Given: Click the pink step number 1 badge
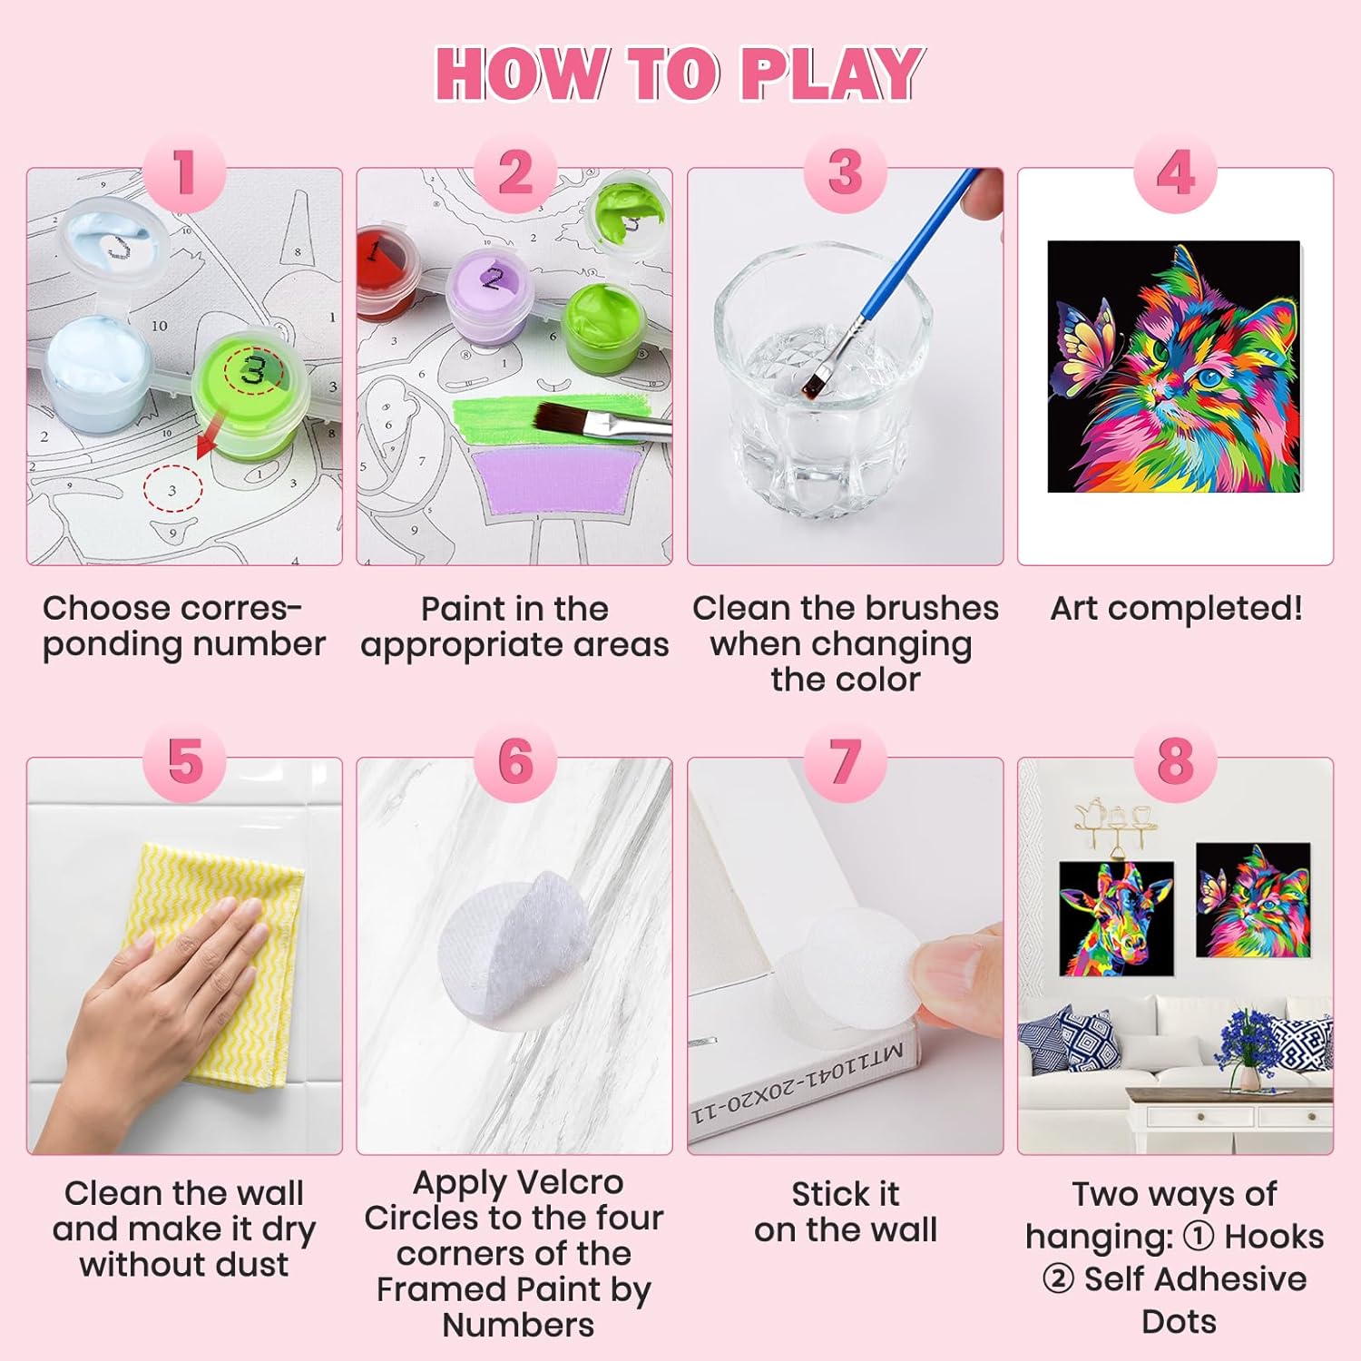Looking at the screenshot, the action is click(184, 172).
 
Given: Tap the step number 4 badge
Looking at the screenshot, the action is click(1175, 172).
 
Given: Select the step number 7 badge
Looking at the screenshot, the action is click(845, 761).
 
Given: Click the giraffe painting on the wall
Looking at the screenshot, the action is click(1116, 918).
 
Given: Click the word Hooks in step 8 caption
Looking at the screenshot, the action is click(1273, 1237).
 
